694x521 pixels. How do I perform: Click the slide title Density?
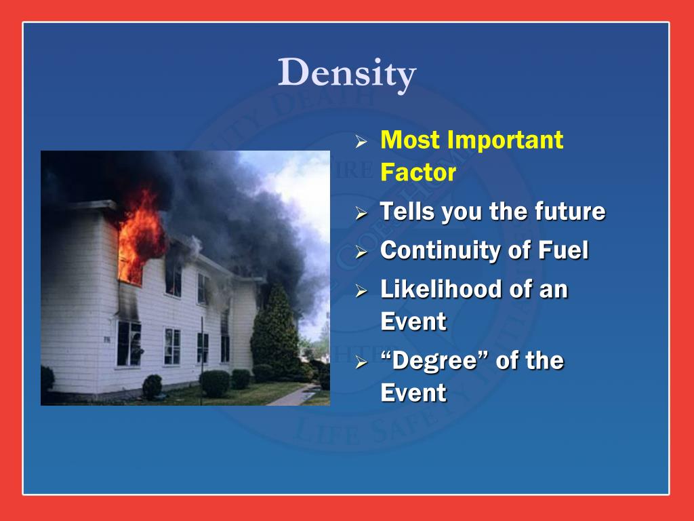click(x=347, y=73)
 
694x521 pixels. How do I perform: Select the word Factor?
click(x=418, y=172)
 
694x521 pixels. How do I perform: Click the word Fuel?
click(x=563, y=250)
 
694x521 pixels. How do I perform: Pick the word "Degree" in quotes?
click(x=434, y=360)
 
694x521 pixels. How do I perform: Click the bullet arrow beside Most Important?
click(x=362, y=142)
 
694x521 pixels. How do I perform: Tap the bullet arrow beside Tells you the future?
click(x=362, y=214)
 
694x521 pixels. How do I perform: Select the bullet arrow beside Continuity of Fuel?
click(x=362, y=252)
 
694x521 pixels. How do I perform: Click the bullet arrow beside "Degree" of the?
click(x=362, y=362)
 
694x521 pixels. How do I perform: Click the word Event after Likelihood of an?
click(x=413, y=322)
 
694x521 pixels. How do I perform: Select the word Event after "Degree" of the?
click(x=413, y=393)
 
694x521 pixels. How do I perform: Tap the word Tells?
click(x=407, y=212)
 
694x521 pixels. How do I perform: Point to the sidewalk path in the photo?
click(x=291, y=395)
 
